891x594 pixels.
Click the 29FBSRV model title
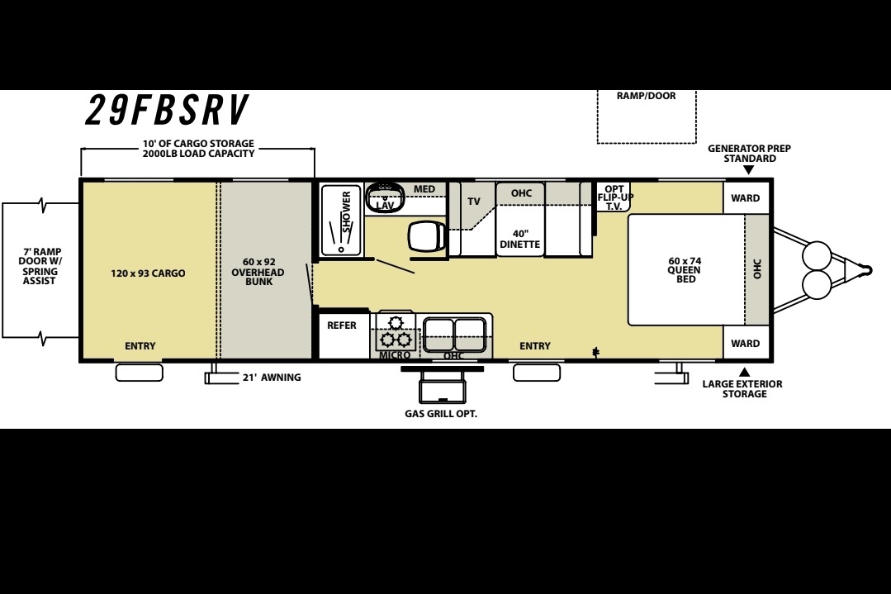coord(167,110)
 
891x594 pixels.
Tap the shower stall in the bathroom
coord(341,221)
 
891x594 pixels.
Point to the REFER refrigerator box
coord(342,335)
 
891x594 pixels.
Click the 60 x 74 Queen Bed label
coord(685,270)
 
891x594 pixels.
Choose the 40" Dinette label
coord(520,240)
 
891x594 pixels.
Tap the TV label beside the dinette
coord(474,202)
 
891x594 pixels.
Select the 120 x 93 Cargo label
coord(148,273)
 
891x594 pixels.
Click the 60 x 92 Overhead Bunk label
coord(258,272)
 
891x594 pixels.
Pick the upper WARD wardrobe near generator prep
coord(746,197)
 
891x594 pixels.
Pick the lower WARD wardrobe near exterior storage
coord(746,343)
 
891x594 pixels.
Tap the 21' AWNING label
coord(272,378)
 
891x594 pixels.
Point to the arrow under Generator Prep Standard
coord(748,170)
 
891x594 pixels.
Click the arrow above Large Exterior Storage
coord(744,373)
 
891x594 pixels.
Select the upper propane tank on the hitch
coord(818,255)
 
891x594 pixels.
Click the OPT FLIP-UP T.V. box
coord(614,197)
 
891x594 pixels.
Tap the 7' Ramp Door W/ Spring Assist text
coord(40,266)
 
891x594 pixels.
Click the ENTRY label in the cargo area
coord(140,345)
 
